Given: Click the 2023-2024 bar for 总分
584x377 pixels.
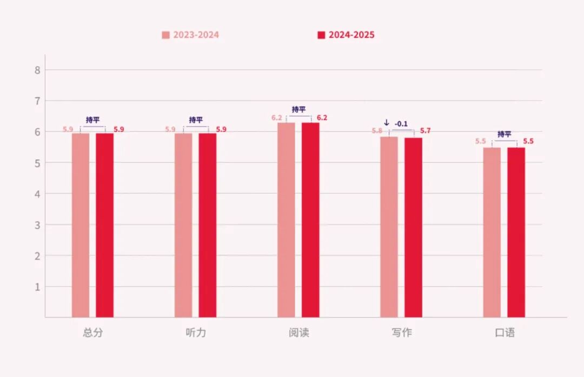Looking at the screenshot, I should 81,225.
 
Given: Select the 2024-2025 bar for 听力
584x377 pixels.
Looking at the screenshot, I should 207,225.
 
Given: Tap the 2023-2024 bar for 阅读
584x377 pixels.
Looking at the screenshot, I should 286,220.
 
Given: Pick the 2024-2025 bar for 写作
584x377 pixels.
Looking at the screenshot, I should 413,227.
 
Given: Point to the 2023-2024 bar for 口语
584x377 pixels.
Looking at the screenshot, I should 492,232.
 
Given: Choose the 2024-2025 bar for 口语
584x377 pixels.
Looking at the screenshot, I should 516,232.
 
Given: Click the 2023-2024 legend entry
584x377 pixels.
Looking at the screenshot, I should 190,35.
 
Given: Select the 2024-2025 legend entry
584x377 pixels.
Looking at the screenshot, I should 346,35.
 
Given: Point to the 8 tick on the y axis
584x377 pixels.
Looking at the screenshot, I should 37,70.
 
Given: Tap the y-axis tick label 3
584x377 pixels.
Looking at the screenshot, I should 37,224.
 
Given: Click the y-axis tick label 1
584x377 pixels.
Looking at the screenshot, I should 37,287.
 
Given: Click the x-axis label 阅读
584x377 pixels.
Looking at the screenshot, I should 298,333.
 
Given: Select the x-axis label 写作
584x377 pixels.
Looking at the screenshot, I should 402,333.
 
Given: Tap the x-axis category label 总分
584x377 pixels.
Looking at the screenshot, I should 92,333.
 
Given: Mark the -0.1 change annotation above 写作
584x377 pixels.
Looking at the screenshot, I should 401,124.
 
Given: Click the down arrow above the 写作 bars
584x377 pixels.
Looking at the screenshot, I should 386,123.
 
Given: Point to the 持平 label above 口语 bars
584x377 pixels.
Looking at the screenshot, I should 504,134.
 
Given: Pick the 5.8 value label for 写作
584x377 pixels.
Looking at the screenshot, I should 376,131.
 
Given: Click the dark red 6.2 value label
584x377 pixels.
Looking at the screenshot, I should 322,118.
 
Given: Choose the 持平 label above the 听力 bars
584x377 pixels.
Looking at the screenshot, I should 196,120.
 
